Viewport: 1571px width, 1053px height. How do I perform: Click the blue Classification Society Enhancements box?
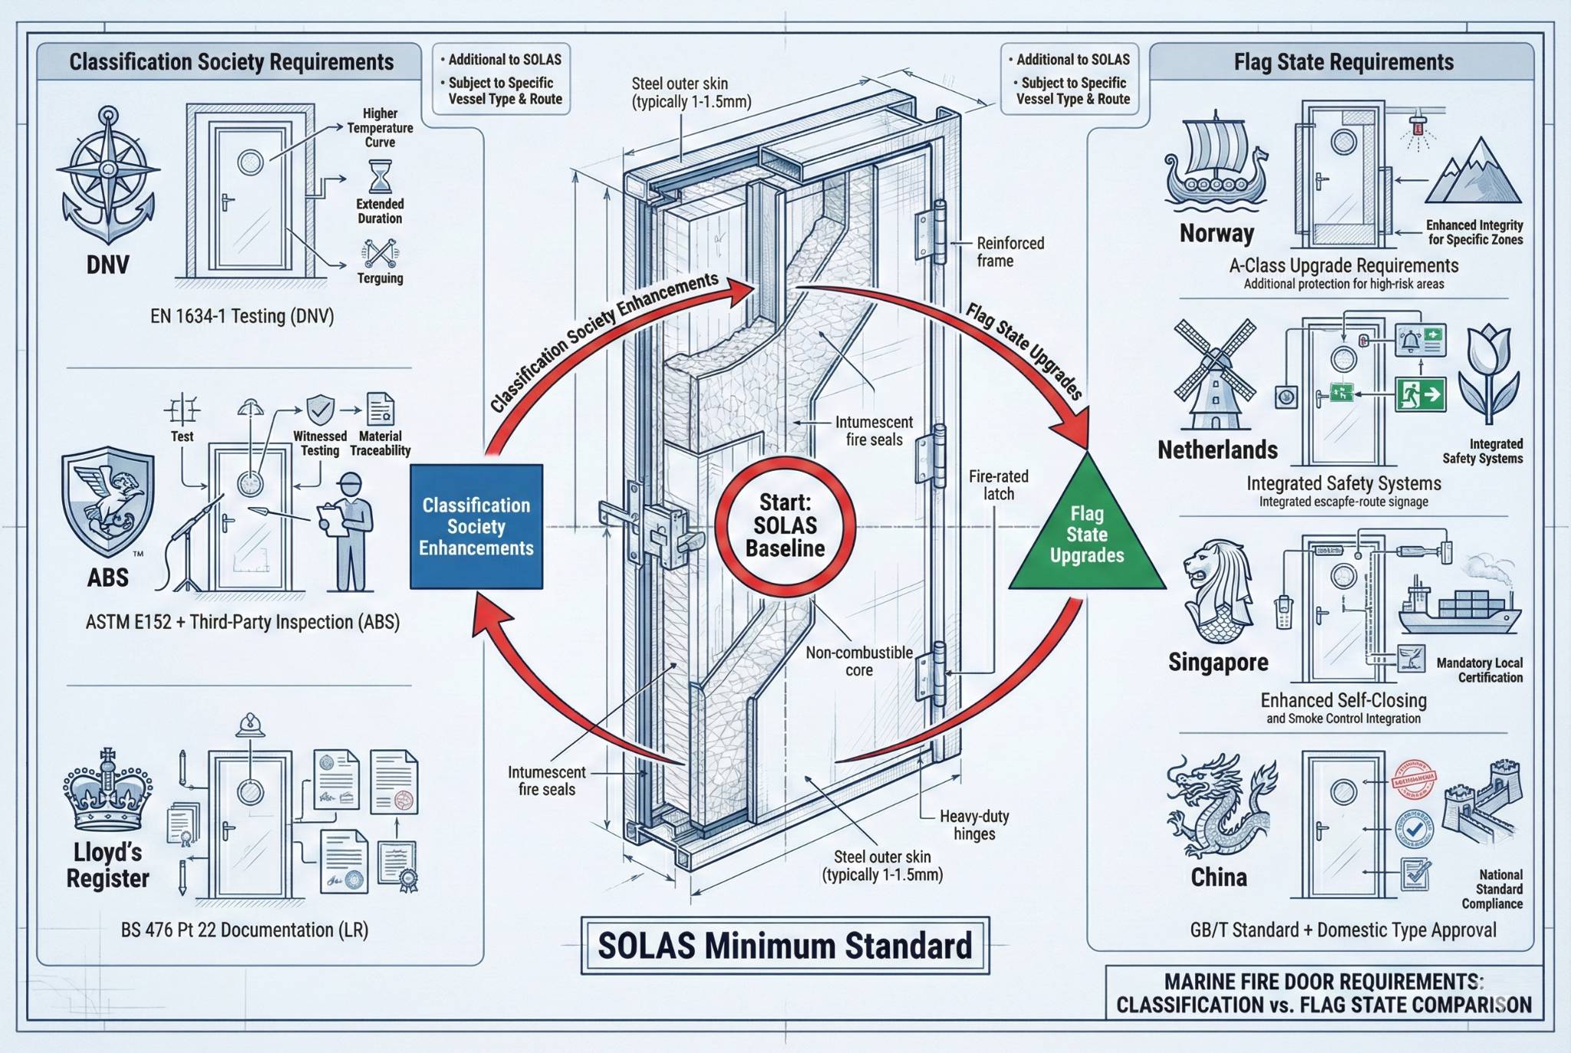pos(476,526)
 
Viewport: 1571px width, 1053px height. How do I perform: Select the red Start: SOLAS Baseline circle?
pos(785,526)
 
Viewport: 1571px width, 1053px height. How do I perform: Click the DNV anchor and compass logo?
pos(108,176)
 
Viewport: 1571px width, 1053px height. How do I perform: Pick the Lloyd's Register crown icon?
pos(107,790)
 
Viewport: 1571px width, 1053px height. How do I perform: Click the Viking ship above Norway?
pos(1215,165)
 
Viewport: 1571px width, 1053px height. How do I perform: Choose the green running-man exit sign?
pos(1421,395)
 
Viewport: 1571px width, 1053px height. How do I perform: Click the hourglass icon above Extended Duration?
pos(380,176)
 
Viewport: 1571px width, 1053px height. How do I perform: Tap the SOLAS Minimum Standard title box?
pos(785,946)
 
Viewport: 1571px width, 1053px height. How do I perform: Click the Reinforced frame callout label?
pos(1009,252)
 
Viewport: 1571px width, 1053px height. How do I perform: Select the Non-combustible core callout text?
pos(858,661)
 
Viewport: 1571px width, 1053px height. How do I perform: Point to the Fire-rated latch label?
pos(998,485)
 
